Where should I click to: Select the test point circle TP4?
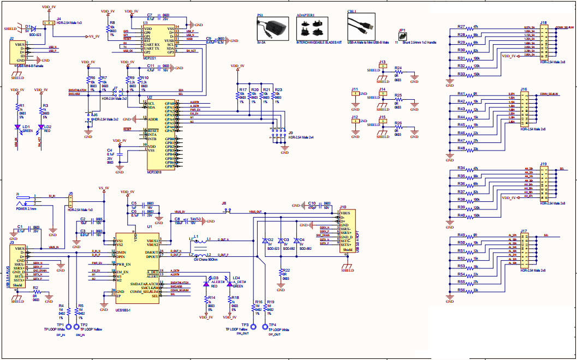pos(266,327)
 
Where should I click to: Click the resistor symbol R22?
pos(281,272)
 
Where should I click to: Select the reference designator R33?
pos(461,74)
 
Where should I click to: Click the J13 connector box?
pos(382,68)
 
